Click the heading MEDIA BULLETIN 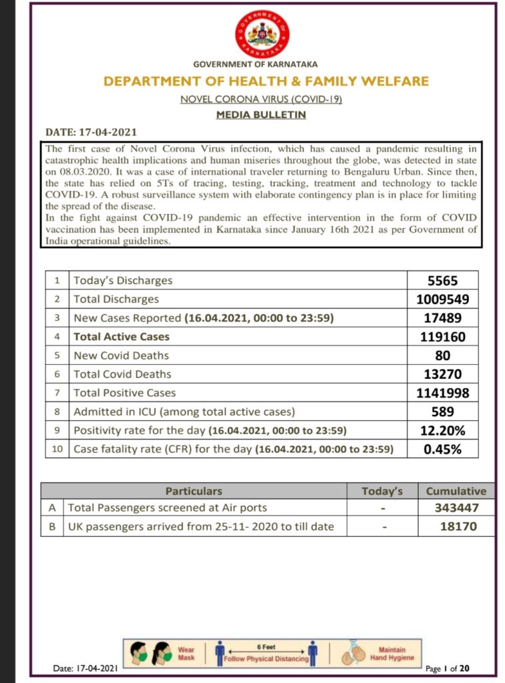tap(261, 115)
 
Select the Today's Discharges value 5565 tap(443, 281)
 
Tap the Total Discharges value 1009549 tap(443, 299)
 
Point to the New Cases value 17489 tap(443, 318)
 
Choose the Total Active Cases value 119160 tap(443, 337)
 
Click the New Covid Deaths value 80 tap(443, 356)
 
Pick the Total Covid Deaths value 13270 tap(443, 374)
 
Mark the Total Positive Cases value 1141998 tap(443, 393)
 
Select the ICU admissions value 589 tap(443, 412)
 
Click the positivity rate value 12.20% tap(443, 430)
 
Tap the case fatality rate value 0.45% tap(443, 449)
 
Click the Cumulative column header tap(456, 491)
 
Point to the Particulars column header tap(194, 491)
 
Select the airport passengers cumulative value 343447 tap(456, 508)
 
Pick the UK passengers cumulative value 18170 tap(456, 527)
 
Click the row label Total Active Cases tap(122, 337)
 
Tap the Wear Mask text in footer tap(186, 652)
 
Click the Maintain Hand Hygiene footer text tap(392, 654)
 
